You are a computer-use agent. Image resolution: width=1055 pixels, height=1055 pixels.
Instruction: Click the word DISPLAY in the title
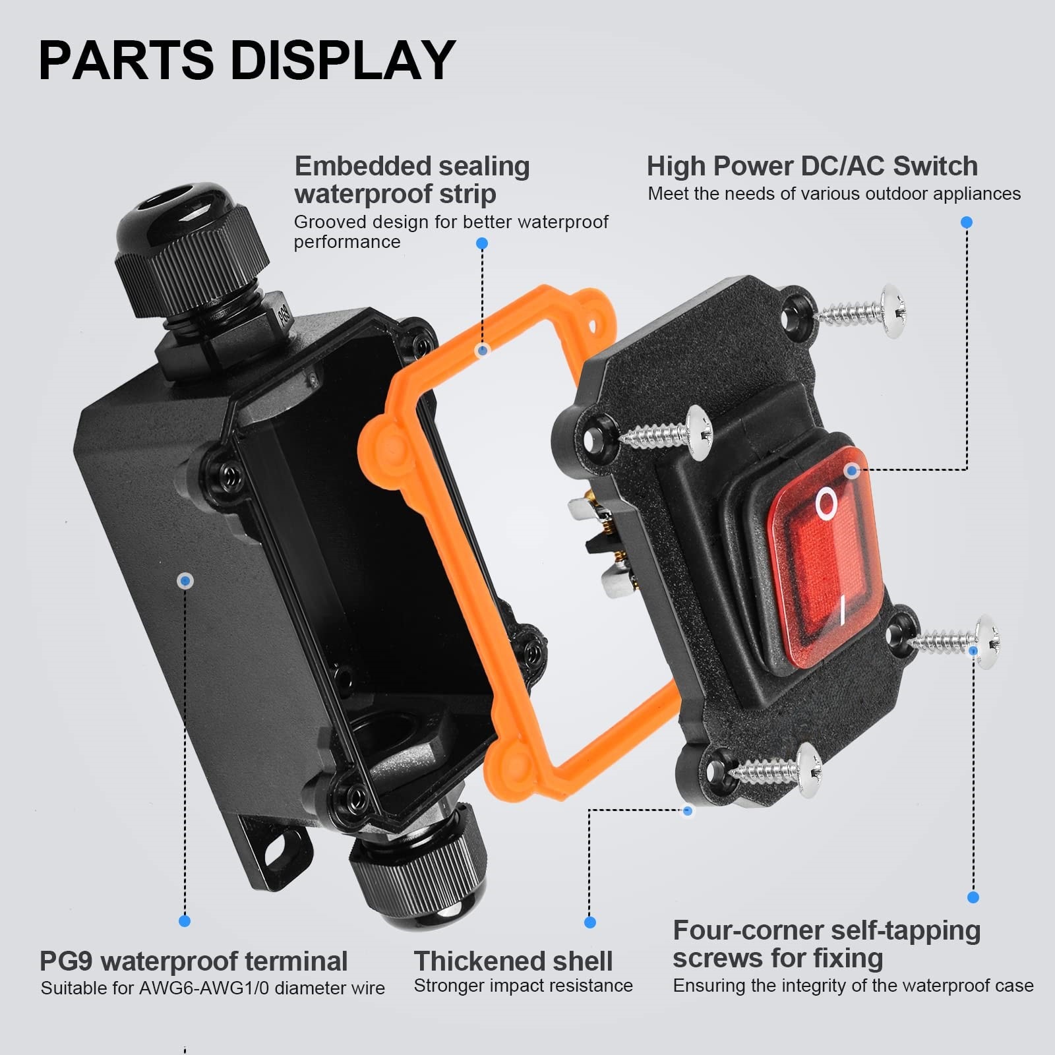point(343,60)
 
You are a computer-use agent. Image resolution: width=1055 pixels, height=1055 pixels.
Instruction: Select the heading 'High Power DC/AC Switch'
point(812,166)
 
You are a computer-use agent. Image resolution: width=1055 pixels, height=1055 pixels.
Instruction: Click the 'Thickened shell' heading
point(513,961)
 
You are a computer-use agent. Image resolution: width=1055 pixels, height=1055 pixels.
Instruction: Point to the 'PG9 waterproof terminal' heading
point(193,961)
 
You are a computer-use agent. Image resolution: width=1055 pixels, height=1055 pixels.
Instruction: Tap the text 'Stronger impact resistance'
point(523,986)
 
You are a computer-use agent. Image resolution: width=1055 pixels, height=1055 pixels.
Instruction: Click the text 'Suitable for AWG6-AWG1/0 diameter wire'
point(212,988)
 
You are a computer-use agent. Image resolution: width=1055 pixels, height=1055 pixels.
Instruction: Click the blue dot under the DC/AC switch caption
point(967,223)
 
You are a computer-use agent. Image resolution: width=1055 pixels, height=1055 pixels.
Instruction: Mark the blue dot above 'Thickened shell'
point(590,922)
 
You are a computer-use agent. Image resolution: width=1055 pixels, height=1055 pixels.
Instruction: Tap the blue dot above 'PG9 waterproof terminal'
point(185,921)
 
